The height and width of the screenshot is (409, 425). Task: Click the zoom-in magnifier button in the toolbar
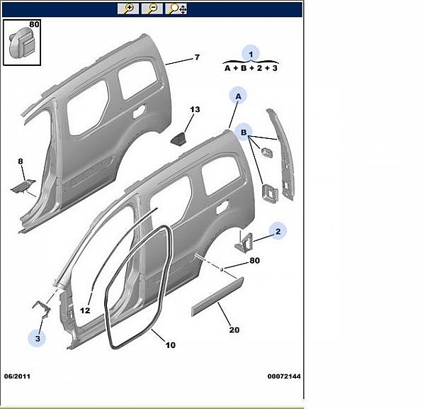[128, 9]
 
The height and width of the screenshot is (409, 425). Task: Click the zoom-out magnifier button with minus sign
[152, 9]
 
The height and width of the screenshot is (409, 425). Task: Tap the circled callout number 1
[251, 53]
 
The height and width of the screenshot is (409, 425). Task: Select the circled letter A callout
[238, 96]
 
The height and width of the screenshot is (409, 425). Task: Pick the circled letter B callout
[244, 133]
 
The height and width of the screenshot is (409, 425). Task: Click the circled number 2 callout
[278, 231]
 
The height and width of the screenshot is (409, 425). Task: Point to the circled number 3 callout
[38, 339]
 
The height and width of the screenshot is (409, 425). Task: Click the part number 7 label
[198, 57]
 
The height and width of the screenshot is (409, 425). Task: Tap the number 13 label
[195, 109]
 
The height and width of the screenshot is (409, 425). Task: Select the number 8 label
[21, 162]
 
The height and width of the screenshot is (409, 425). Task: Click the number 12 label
[85, 310]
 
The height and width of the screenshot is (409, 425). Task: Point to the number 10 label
[170, 345]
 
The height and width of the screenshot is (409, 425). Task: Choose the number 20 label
[234, 329]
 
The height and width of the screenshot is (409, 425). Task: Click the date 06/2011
[17, 376]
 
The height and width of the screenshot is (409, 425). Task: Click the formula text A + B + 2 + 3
[251, 69]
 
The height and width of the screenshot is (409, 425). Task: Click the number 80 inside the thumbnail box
[35, 24]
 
